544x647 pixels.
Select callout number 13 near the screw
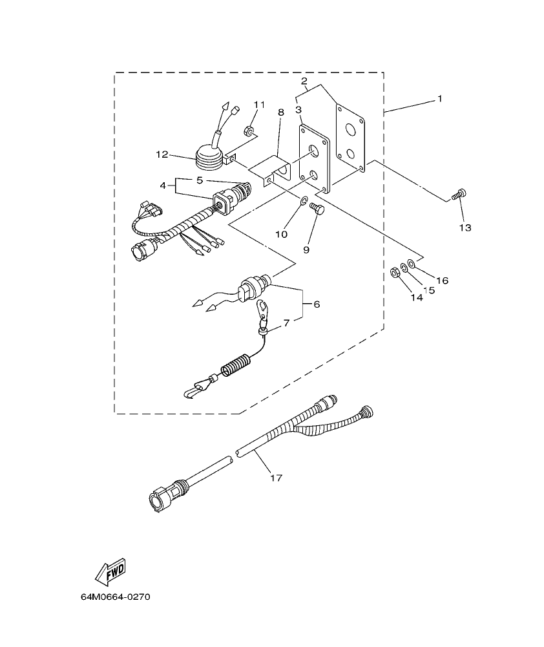tap(465, 228)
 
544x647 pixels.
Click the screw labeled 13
tap(459, 193)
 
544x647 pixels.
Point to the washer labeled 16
tap(412, 264)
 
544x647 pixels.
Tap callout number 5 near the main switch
tap(199, 180)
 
